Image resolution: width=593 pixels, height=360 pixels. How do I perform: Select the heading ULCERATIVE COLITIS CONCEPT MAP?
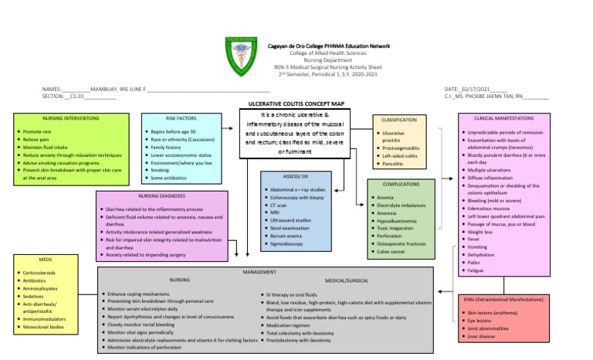[x=296, y=103]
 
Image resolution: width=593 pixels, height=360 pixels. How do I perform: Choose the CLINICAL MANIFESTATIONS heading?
[x=506, y=118]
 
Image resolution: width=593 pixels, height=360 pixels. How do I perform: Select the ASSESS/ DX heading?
[x=297, y=177]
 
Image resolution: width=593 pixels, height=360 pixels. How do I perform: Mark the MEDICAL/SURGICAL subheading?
[x=347, y=280]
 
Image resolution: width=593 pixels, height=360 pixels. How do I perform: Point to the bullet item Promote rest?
[x=38, y=132]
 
